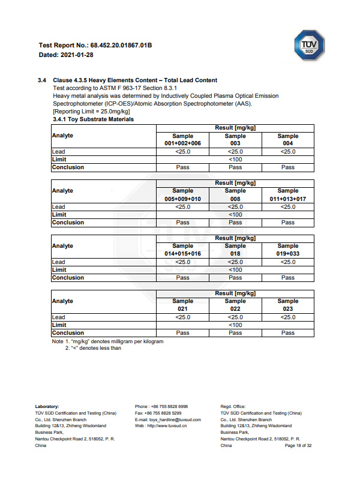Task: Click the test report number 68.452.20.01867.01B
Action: [x=121, y=45]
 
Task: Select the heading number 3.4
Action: [x=42, y=80]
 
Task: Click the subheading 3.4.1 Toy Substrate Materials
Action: [x=93, y=119]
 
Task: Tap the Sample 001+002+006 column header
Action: [x=182, y=140]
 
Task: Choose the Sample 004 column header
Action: [x=288, y=140]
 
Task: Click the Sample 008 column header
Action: [x=235, y=194]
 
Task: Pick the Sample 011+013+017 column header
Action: [x=288, y=194]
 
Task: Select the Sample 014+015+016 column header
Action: [x=182, y=250]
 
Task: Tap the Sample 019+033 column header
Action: [x=288, y=250]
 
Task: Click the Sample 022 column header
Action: [x=235, y=305]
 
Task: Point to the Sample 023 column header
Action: [x=288, y=305]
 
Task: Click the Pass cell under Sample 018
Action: [x=235, y=278]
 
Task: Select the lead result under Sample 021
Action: [x=182, y=317]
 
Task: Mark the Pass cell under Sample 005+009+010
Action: [x=182, y=223]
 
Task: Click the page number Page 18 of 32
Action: [x=298, y=446]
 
